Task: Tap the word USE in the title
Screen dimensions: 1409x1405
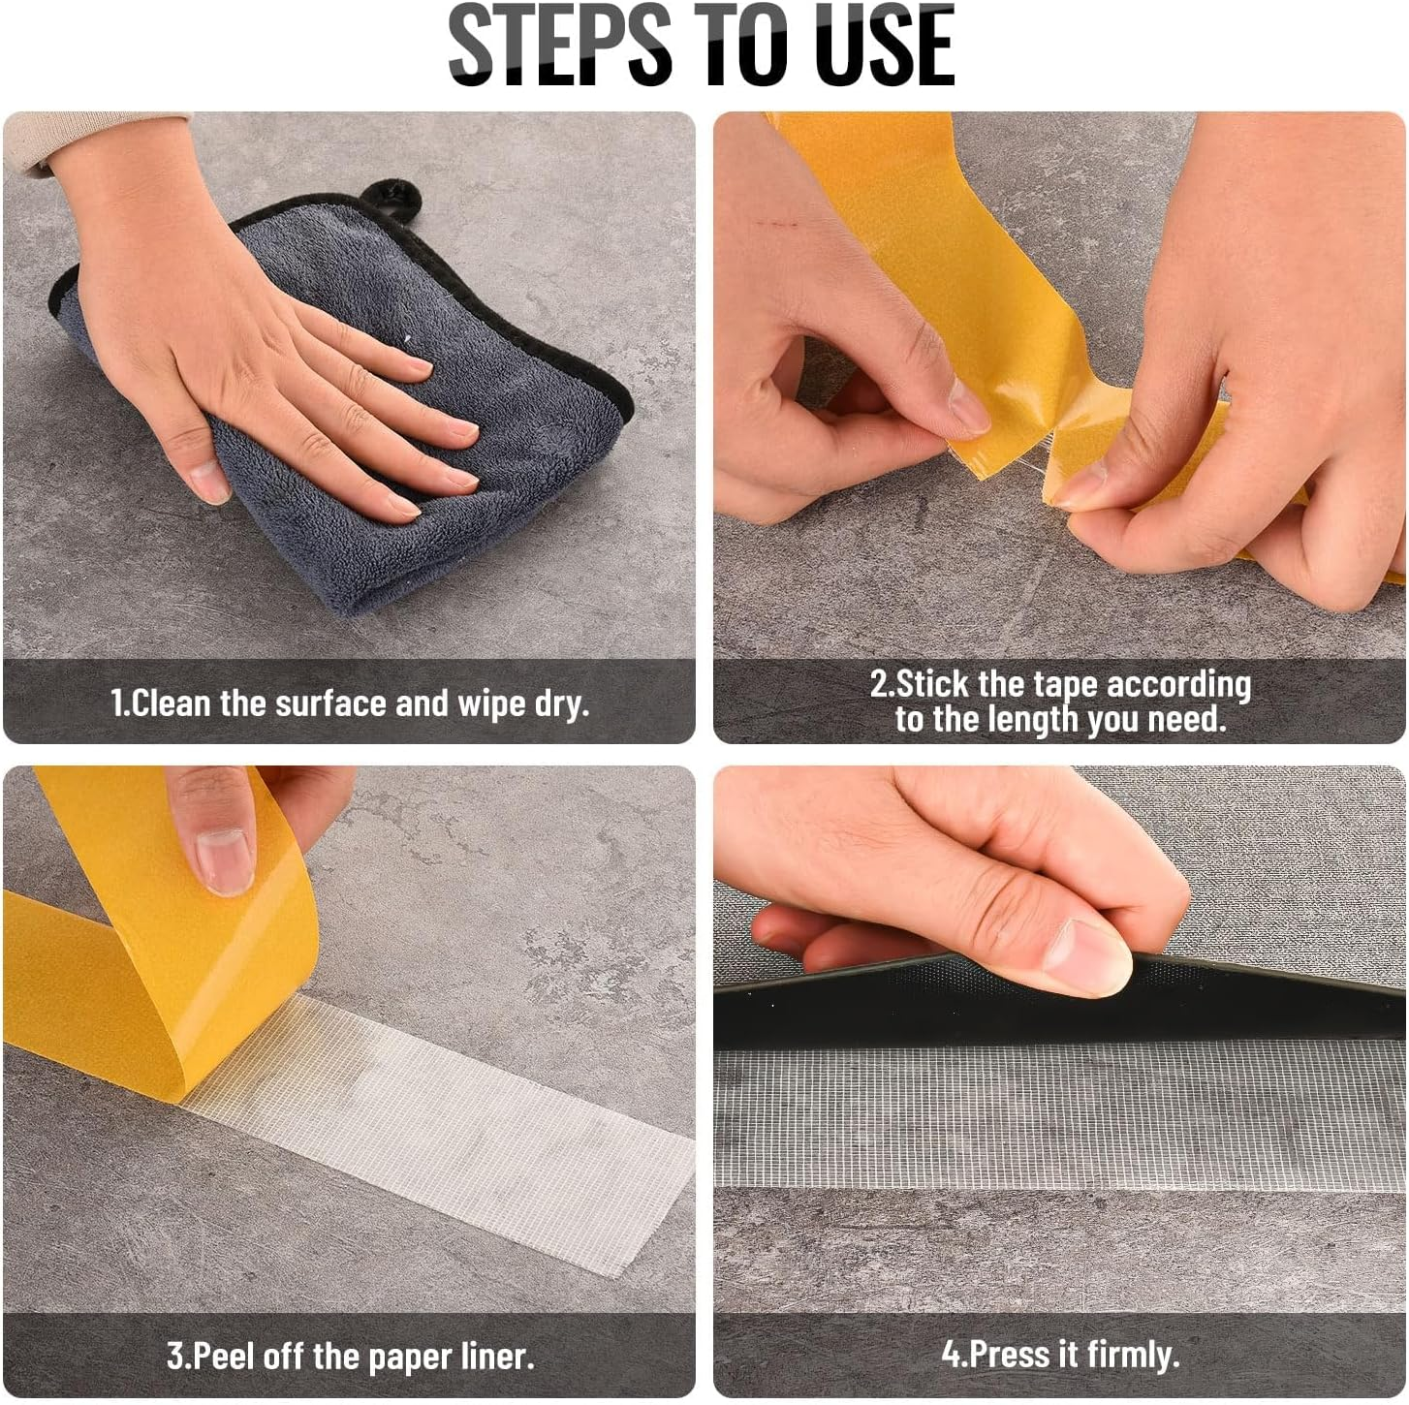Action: tap(885, 46)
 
